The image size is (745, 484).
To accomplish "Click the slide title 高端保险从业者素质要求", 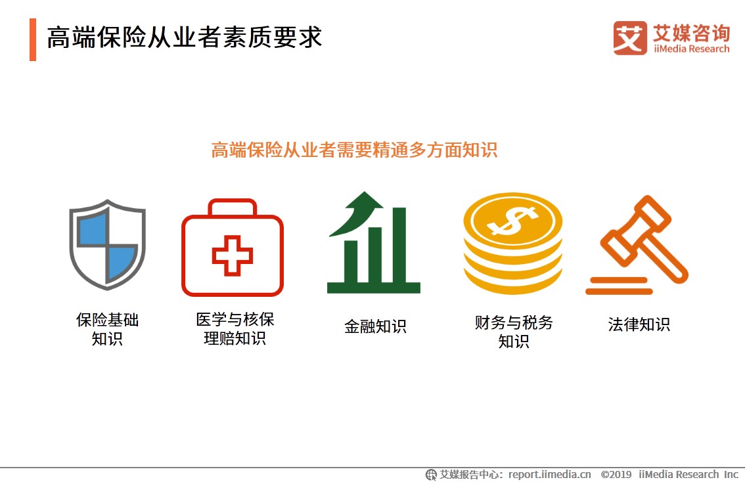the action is coord(185,37).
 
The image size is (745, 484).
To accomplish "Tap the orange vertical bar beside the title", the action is coord(33,39).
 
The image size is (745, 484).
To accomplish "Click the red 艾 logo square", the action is coord(630,37).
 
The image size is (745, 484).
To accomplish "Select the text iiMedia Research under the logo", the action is coord(691,49).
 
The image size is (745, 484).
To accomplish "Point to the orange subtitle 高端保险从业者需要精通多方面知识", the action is coord(354,150).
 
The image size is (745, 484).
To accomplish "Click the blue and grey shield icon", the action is coord(107,244).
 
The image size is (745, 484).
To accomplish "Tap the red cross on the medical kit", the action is coord(233,255).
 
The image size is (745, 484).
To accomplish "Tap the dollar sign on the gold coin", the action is coord(513,221).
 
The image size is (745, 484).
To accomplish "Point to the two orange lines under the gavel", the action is coord(619,286).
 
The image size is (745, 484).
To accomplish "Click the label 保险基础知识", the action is coord(107,329).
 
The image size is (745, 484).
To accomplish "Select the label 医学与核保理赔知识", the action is coord(235,328).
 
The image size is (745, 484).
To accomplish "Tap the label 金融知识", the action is coord(375,326).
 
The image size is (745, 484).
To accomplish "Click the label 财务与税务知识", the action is coord(514,332).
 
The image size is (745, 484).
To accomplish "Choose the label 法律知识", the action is coord(639,324).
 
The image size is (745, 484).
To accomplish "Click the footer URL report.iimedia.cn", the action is coord(550,475).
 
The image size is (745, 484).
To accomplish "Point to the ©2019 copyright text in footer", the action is coord(616,475).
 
